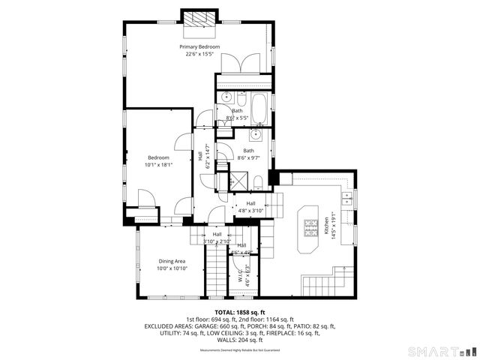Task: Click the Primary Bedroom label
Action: coord(199,46)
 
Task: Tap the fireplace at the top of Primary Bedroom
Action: coord(199,20)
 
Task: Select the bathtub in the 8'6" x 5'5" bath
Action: coord(259,109)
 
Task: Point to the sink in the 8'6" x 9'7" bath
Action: coord(255,135)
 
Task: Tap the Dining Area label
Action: coord(172,261)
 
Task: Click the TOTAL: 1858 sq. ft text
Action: coord(239,312)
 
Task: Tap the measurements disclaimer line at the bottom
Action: coord(239,350)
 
